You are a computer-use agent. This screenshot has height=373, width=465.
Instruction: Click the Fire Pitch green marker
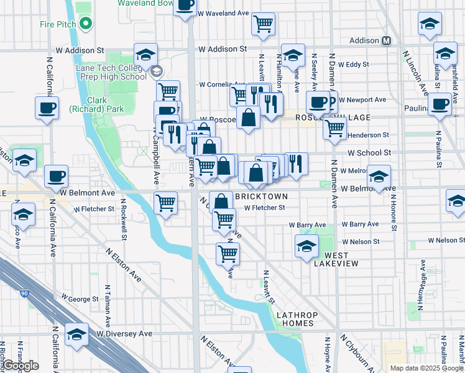coord(86,25)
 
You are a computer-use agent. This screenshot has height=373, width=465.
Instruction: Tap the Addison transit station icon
coord(386,40)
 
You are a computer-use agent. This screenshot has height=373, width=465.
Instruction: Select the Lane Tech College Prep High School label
coord(111,72)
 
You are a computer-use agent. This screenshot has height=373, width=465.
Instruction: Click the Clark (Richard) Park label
coord(105,104)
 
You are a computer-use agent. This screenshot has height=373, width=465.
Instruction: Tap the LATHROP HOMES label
coord(297,319)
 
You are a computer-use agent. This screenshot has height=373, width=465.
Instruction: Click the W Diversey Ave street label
coord(124,334)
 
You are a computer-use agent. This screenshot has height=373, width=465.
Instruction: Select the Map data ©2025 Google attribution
coord(426,368)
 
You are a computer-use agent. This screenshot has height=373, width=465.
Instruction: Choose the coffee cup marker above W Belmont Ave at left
coord(56,175)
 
